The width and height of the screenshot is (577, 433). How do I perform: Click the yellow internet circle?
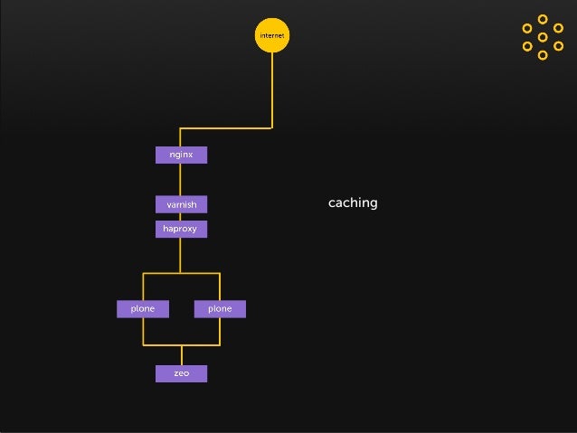pos(271,35)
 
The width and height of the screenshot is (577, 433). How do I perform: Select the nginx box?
pos(181,155)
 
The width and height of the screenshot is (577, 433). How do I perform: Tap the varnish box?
pos(181,204)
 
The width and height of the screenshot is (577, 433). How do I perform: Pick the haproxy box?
pos(181,229)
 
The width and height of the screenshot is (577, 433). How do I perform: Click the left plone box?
pos(142,309)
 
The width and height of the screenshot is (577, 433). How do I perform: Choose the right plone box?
pos(220,309)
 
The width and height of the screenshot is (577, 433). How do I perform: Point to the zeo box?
pos(181,373)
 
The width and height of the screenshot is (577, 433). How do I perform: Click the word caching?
pos(353,202)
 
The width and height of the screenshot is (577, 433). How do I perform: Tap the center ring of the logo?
pos(543,37)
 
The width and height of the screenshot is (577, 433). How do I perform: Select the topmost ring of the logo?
pos(543,19)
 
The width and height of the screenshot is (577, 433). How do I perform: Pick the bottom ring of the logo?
pos(543,55)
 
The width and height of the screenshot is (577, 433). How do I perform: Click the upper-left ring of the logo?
pos(527,28)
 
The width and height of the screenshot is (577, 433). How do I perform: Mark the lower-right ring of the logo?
pos(558,46)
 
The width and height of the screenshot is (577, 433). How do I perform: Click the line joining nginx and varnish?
pos(181,179)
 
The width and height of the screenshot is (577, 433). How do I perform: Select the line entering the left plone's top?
pos(143,287)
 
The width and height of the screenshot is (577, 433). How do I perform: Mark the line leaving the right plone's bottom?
pos(220,331)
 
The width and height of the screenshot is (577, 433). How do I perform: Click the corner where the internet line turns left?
pos(271,127)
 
